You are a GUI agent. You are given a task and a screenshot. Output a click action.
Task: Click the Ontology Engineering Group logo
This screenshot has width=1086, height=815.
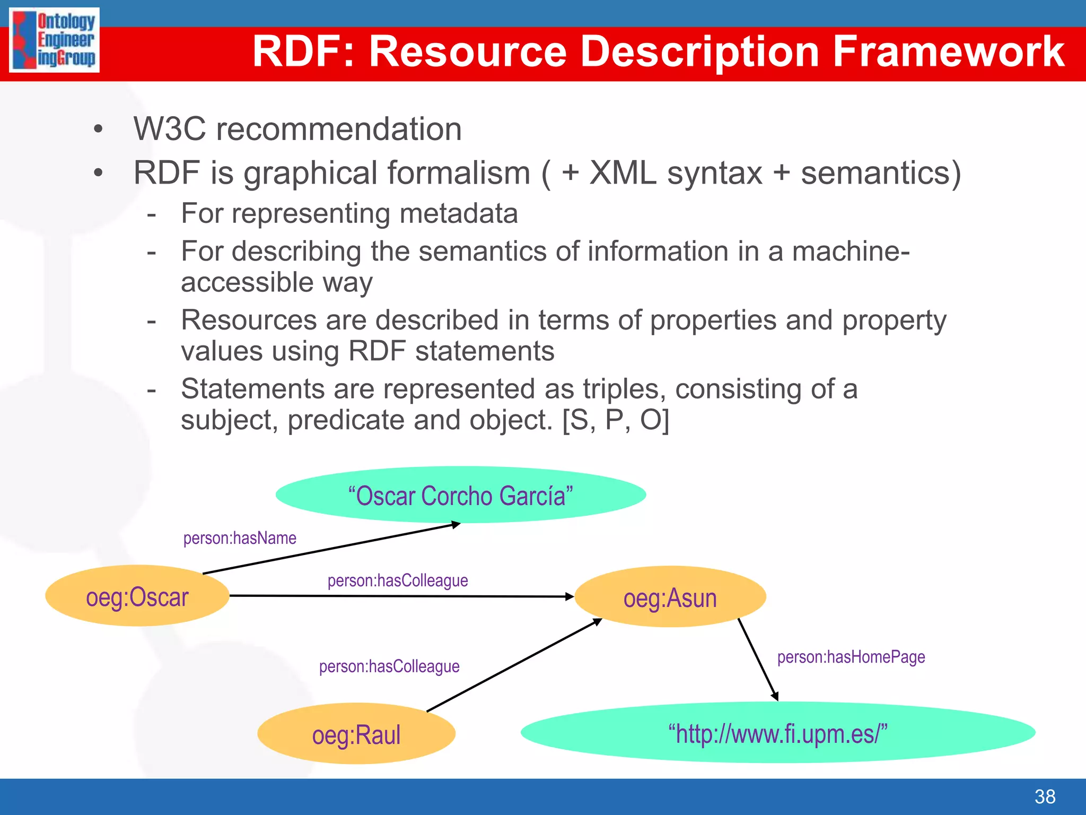pyautogui.click(x=54, y=40)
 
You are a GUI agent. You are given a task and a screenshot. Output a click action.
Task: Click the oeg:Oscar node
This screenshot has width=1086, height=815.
pyautogui.click(x=137, y=596)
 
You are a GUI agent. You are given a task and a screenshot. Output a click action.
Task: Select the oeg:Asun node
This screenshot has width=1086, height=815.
pyautogui.click(x=670, y=597)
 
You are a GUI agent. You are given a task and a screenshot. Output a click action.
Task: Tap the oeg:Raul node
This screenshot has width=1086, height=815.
pyautogui.click(x=356, y=734)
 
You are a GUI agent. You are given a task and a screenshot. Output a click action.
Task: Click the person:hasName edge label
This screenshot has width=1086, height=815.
pyautogui.click(x=240, y=538)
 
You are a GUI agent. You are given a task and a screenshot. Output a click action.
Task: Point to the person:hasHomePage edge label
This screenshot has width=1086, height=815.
pyautogui.click(x=851, y=657)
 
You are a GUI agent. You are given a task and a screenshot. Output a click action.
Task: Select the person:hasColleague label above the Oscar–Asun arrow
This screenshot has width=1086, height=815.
pyautogui.click(x=398, y=580)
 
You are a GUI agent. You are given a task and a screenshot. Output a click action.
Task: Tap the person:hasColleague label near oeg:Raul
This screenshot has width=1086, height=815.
pyautogui.click(x=389, y=666)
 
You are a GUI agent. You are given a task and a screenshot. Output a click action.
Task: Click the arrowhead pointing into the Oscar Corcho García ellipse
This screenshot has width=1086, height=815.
pyautogui.click(x=455, y=525)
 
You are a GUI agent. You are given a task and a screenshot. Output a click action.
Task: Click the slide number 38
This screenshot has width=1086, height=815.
pyautogui.click(x=1045, y=796)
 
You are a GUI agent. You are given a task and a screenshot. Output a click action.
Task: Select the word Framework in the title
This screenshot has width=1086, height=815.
pyautogui.click(x=948, y=51)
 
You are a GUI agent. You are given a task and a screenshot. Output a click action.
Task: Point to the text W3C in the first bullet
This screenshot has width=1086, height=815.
pyautogui.click(x=169, y=129)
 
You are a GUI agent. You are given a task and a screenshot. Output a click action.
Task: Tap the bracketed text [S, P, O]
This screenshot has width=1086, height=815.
pyautogui.click(x=616, y=420)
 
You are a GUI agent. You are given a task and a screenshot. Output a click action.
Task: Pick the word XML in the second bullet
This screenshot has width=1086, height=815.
pyautogui.click(x=623, y=173)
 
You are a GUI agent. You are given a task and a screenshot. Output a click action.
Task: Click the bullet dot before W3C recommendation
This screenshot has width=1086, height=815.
pyautogui.click(x=98, y=129)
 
